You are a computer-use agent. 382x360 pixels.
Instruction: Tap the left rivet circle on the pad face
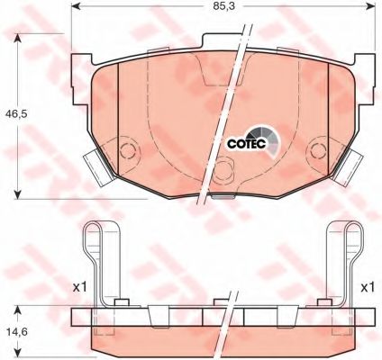coord(126,149)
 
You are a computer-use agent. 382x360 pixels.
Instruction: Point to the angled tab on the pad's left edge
coord(93,165)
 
